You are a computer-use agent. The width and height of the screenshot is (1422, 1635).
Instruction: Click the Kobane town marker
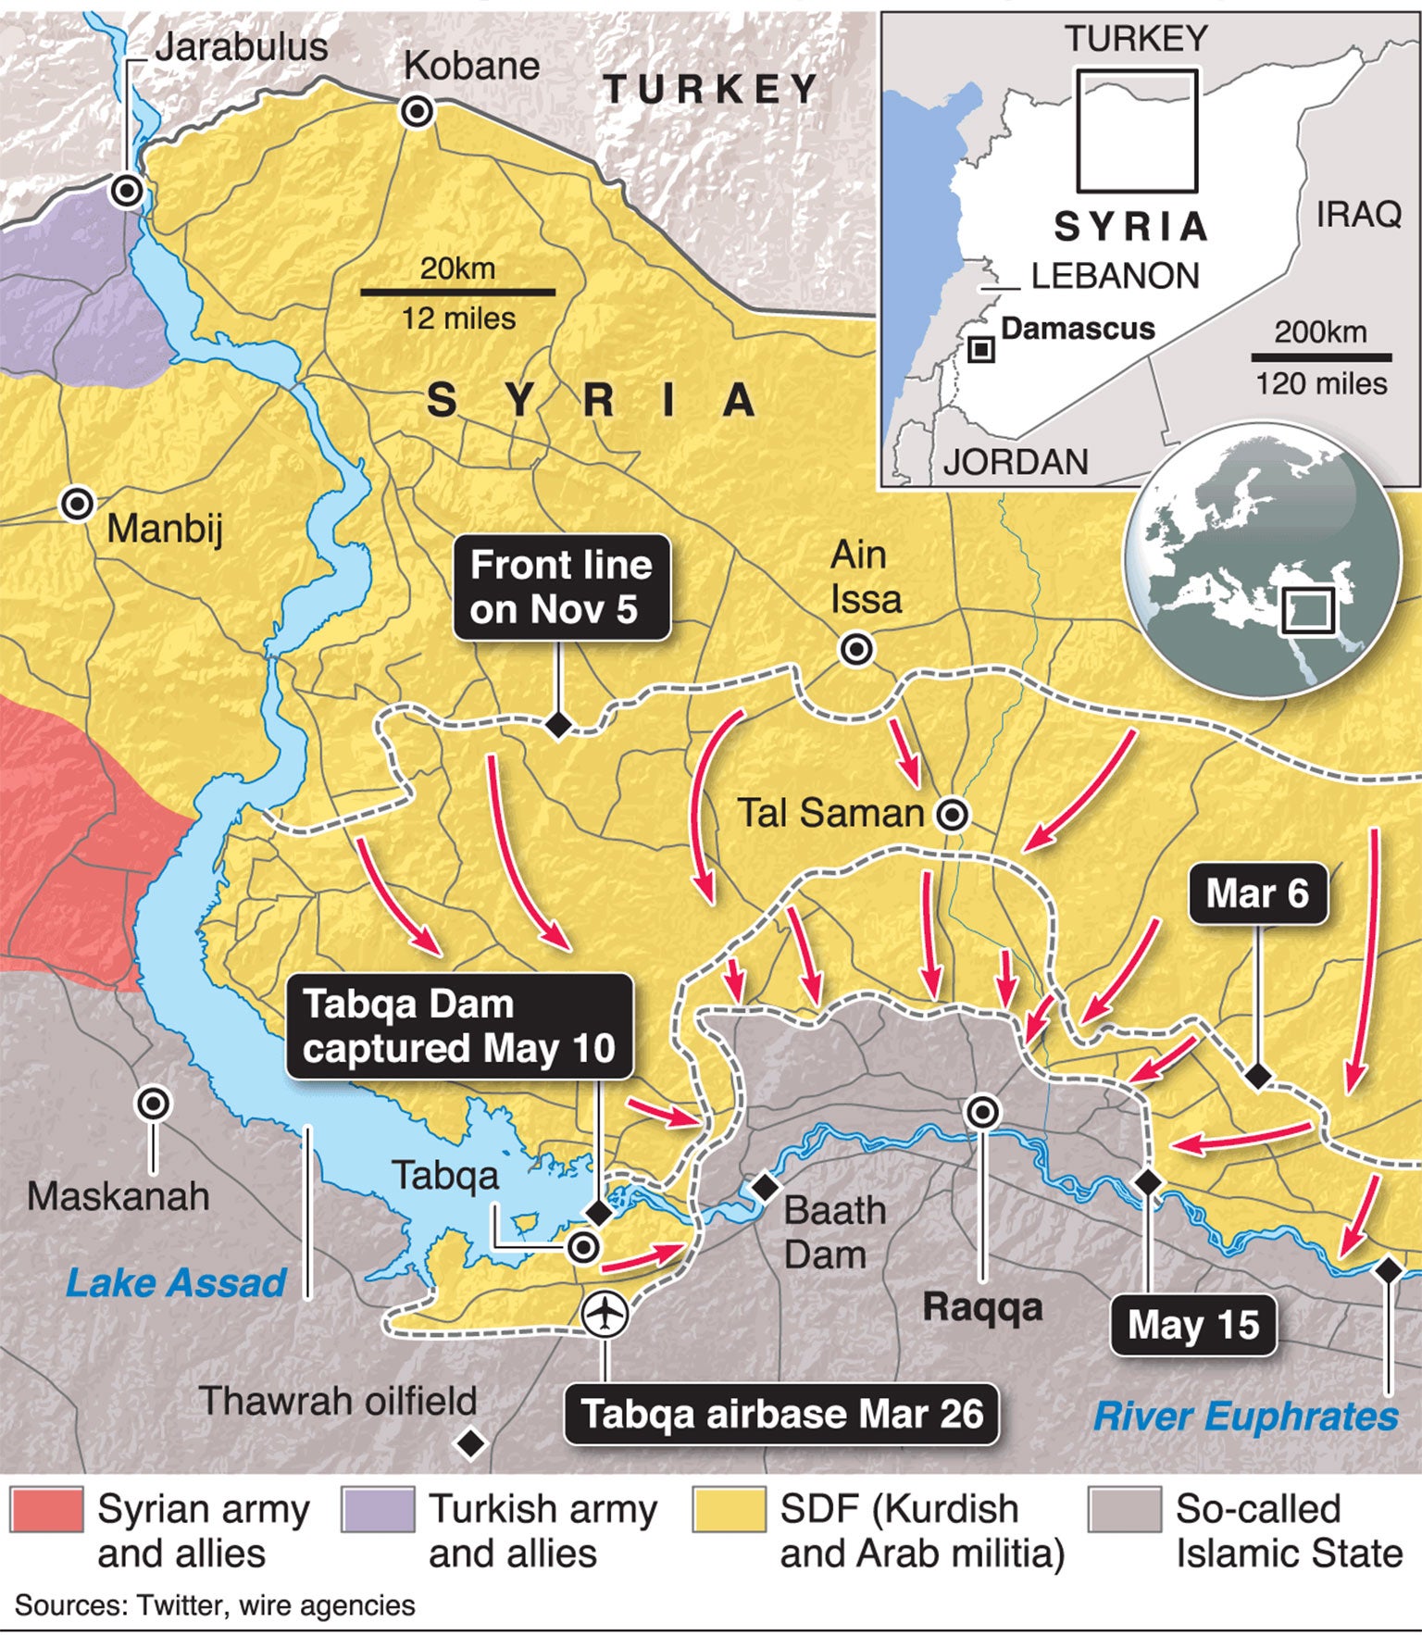pyautogui.click(x=417, y=112)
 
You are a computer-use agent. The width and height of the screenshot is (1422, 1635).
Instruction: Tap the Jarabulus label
pyautogui.click(x=241, y=47)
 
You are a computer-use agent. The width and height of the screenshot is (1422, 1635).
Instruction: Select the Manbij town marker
pyautogui.click(x=77, y=505)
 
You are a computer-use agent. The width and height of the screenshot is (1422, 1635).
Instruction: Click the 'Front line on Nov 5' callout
pyautogui.click(x=561, y=587)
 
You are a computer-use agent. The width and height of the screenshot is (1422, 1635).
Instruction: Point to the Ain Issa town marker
pyautogui.click(x=856, y=649)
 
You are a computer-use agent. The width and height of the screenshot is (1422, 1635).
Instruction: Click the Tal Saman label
pyautogui.click(x=830, y=813)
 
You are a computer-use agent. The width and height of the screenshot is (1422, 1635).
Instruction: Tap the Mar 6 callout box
pyautogui.click(x=1257, y=893)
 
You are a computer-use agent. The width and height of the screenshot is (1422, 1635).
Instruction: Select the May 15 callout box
pyautogui.click(x=1193, y=1325)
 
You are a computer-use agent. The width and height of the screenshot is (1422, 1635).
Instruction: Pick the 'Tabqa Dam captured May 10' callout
pyautogui.click(x=459, y=1027)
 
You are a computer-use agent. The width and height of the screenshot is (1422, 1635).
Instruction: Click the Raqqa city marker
pyautogui.click(x=982, y=1112)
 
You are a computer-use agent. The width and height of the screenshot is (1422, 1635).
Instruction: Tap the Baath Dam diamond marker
pyautogui.click(x=765, y=1186)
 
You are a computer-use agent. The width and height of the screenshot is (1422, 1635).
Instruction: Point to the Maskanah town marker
pyautogui.click(x=153, y=1104)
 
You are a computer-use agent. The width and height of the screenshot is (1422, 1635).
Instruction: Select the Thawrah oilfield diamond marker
pyautogui.click(x=471, y=1442)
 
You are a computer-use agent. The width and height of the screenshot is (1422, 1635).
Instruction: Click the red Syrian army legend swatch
pyautogui.click(x=46, y=1510)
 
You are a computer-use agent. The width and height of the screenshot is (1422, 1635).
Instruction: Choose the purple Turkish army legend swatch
pyautogui.click(x=377, y=1510)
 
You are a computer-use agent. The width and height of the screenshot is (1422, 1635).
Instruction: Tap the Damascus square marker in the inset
pyautogui.click(x=980, y=350)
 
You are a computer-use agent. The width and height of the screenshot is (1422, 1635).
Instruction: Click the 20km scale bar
pyautogui.click(x=457, y=292)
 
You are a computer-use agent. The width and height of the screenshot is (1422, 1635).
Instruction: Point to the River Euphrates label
pyautogui.click(x=1245, y=1417)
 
